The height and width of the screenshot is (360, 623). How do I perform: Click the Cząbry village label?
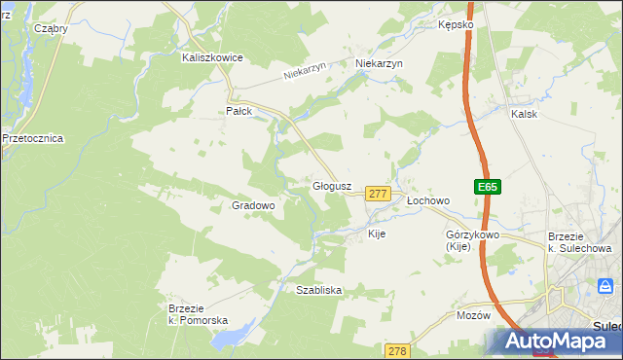51,28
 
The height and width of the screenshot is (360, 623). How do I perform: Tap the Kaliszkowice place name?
212,57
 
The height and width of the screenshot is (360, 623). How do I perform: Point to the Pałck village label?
239,111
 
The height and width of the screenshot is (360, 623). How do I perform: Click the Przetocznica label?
33,138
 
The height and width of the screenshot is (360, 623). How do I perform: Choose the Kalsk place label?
524,114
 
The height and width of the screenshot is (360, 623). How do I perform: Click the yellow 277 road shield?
379,195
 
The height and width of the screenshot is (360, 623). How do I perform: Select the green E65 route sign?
488,187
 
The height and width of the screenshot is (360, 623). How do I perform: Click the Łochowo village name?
428,200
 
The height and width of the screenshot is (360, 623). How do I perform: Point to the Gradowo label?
253,205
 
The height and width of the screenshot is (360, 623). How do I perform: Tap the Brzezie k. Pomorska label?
198,314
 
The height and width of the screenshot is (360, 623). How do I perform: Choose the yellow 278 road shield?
396,350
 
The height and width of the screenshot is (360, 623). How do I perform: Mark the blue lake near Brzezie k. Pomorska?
232,336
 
